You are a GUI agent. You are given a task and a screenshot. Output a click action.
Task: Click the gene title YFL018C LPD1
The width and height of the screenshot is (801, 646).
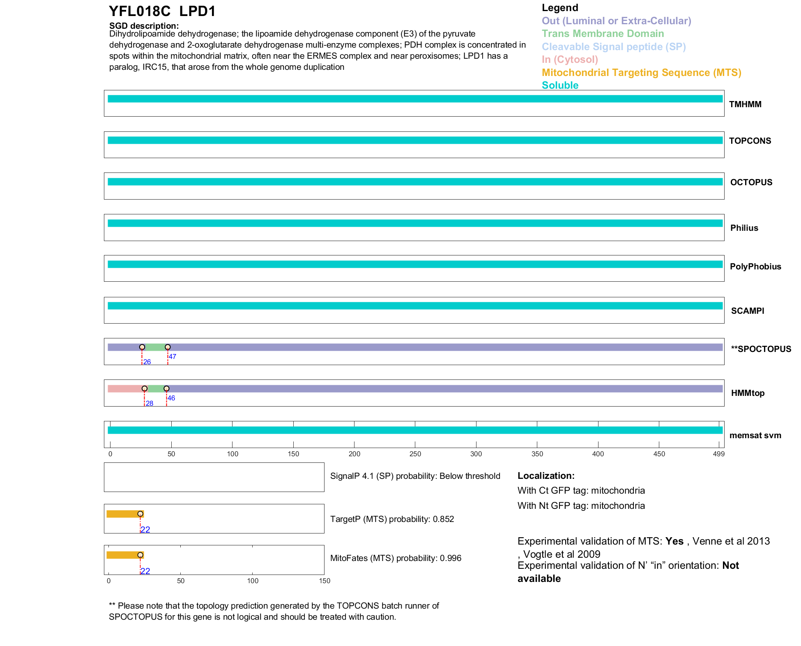click(162, 11)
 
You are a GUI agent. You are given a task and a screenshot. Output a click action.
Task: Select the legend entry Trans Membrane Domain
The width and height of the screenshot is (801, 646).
click(603, 34)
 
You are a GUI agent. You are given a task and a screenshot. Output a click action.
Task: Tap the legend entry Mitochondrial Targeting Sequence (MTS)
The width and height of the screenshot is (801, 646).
click(641, 73)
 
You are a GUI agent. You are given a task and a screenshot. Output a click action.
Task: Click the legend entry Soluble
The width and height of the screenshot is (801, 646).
click(560, 85)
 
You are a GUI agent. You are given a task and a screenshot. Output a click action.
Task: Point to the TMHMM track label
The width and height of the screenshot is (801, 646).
click(745, 104)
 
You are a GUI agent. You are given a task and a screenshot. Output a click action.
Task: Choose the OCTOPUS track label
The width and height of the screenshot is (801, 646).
click(751, 182)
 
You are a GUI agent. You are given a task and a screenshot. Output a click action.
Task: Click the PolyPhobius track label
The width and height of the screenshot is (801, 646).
click(755, 267)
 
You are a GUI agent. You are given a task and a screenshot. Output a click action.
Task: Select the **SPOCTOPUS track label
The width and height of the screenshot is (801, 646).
click(761, 349)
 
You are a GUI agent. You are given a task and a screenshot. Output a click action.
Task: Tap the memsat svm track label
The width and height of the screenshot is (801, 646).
click(755, 435)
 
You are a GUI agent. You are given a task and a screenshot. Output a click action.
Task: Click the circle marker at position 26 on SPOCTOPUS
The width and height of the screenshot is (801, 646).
click(142, 347)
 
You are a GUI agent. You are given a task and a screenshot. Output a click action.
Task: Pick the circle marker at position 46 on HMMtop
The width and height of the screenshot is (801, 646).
click(166, 389)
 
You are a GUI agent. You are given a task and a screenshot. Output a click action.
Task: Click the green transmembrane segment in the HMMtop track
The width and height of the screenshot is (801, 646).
click(155, 389)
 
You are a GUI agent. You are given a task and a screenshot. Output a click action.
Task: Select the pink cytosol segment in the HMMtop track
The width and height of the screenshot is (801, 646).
click(125, 389)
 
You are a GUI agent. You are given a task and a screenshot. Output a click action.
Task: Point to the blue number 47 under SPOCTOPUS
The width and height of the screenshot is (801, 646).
click(173, 356)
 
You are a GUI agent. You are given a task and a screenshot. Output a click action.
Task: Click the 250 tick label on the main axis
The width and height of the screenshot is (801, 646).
click(415, 454)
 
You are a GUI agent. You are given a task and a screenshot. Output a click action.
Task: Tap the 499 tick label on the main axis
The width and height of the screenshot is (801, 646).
click(718, 454)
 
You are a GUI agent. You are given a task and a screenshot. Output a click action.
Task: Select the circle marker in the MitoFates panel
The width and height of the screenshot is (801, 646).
click(140, 555)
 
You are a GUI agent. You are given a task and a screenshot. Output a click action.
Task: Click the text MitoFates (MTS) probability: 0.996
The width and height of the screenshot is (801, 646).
click(396, 558)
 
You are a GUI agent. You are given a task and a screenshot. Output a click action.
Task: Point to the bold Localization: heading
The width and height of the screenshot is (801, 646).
click(546, 476)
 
